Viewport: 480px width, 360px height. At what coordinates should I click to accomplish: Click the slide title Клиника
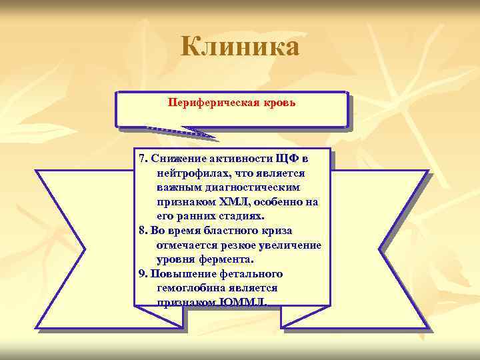click(x=240, y=47)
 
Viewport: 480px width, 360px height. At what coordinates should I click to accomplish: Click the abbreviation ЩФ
click(x=288, y=159)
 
